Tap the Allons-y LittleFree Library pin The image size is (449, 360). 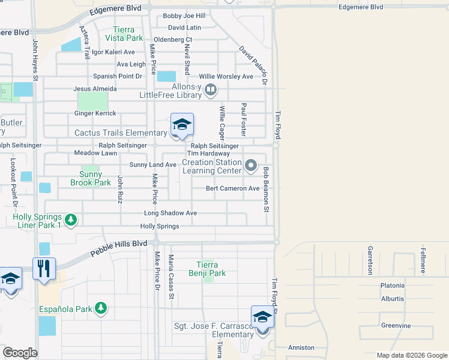211,91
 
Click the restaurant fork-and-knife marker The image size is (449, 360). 44,269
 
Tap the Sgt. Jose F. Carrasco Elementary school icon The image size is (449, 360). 262,317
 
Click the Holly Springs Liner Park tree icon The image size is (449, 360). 71,220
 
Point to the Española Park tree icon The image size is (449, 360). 101,309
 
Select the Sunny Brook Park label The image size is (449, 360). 91,178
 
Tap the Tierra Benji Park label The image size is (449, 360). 211,269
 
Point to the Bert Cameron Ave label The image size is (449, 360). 232,188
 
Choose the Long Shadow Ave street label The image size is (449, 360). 170,213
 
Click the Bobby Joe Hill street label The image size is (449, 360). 184,16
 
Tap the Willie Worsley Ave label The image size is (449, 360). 226,77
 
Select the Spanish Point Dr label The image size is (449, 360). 118,76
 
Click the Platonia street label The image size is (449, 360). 393,286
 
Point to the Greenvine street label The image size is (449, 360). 396,326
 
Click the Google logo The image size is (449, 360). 20,353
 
